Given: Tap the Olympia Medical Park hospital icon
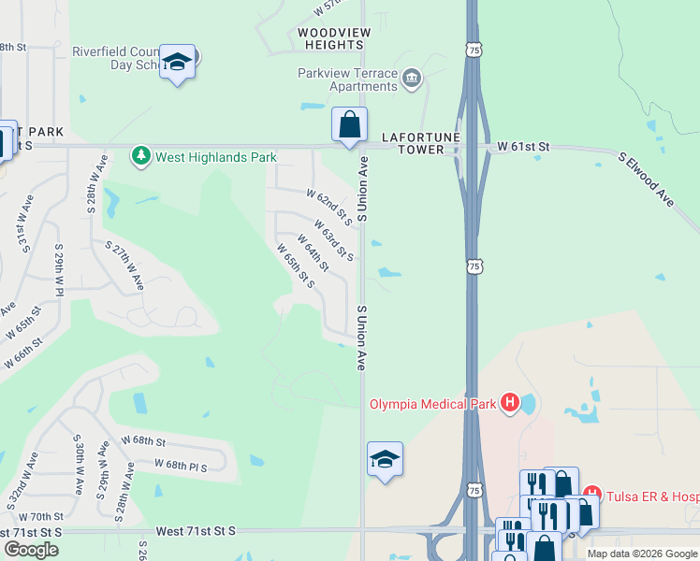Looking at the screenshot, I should (x=510, y=403).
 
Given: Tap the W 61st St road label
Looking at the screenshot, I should (x=523, y=147).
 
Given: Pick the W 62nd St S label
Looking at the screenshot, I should (x=328, y=207).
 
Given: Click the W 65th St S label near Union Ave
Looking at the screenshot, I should (x=294, y=266).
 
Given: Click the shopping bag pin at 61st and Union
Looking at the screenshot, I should (x=349, y=124).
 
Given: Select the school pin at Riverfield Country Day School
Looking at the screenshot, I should (x=177, y=63).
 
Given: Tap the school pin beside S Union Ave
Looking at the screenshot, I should (x=385, y=459).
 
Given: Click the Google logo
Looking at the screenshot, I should (x=31, y=550).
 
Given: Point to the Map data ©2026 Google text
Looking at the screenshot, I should (x=640, y=554).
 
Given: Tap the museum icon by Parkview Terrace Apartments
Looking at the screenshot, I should (x=411, y=78).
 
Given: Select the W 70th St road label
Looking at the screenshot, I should (x=40, y=516).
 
